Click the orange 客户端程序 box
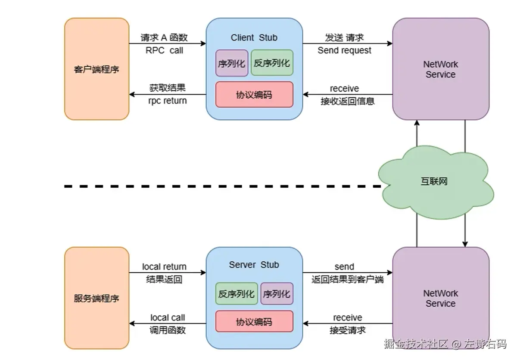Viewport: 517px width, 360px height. pyautogui.click(x=97, y=69)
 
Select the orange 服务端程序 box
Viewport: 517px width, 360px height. pyautogui.click(x=97, y=298)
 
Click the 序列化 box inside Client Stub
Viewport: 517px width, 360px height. pyautogui.click(x=232, y=63)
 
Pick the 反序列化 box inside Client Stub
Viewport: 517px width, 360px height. pyautogui.click(x=271, y=63)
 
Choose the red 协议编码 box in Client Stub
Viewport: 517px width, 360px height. pyautogui.click(x=254, y=94)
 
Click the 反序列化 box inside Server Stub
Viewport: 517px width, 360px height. pyautogui.click(x=236, y=294)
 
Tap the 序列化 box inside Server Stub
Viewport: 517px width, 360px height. pyautogui.click(x=277, y=294)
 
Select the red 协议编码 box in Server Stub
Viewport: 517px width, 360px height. pyautogui.click(x=254, y=322)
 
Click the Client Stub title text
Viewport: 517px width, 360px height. pyautogui.click(x=254, y=38)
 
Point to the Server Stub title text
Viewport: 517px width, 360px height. pyautogui.click(x=254, y=265)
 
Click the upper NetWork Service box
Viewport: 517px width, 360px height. pyautogui.click(x=440, y=69)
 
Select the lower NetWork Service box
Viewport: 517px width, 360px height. pyautogui.click(x=440, y=298)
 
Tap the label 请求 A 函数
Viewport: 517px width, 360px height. pyautogui.click(x=164, y=37)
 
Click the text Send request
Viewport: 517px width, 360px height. pyautogui.click(x=344, y=50)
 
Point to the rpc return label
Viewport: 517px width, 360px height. pyautogui.click(x=168, y=101)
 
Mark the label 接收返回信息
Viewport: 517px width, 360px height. pyautogui.click(x=347, y=101)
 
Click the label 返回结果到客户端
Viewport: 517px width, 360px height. pyautogui.click(x=347, y=279)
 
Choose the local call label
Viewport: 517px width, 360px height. pyautogui.click(x=168, y=318)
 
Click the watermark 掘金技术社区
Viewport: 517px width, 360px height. pyautogui.click(x=416, y=344)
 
